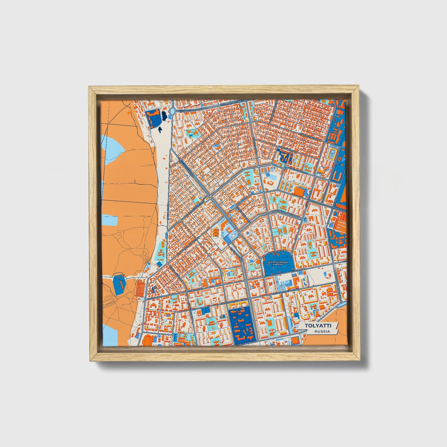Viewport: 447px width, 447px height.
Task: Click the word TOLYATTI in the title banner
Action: click(x=318, y=326)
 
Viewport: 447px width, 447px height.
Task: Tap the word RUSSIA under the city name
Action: click(x=322, y=331)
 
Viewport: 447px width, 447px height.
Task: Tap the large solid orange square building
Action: click(x=299, y=191)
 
